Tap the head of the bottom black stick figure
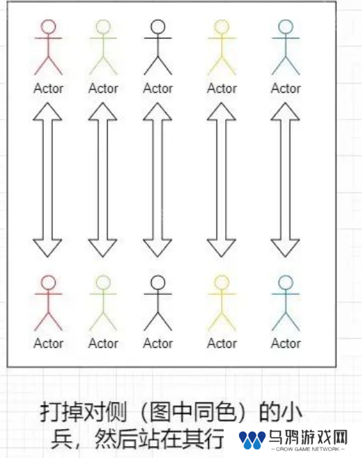[158, 282]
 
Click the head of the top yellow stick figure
[222, 26]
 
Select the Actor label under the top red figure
[49, 89]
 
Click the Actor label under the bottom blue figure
[286, 343]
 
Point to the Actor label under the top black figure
[158, 89]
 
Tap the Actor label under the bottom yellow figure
[222, 343]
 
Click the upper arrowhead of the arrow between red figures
[47, 112]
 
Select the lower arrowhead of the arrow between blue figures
[285, 247]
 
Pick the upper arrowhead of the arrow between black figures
[157, 112]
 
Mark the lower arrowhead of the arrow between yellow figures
[222, 247]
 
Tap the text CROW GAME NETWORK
[308, 449]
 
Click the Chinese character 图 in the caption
[160, 412]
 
